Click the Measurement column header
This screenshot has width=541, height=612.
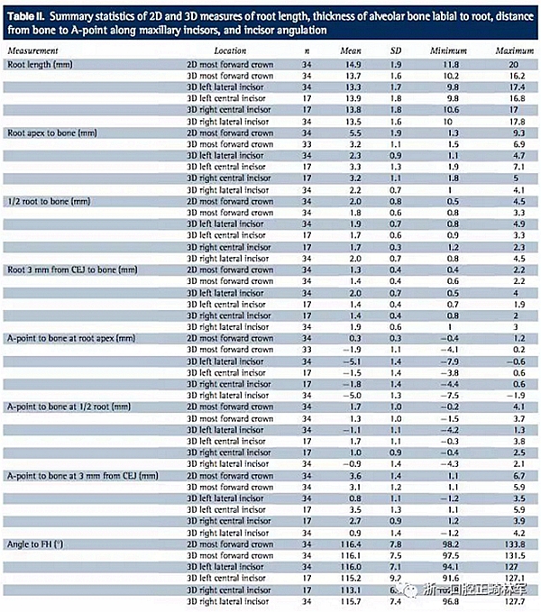[36, 53]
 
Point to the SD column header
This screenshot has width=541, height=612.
[397, 53]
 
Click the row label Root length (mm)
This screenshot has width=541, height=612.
[41, 66]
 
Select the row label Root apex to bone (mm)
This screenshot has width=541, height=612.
[53, 133]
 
